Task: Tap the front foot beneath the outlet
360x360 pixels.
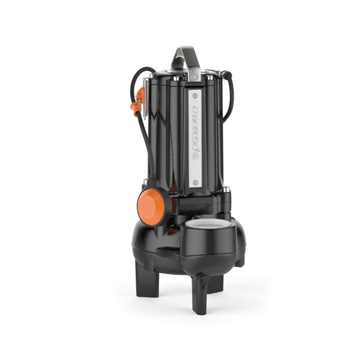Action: click(200, 298)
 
